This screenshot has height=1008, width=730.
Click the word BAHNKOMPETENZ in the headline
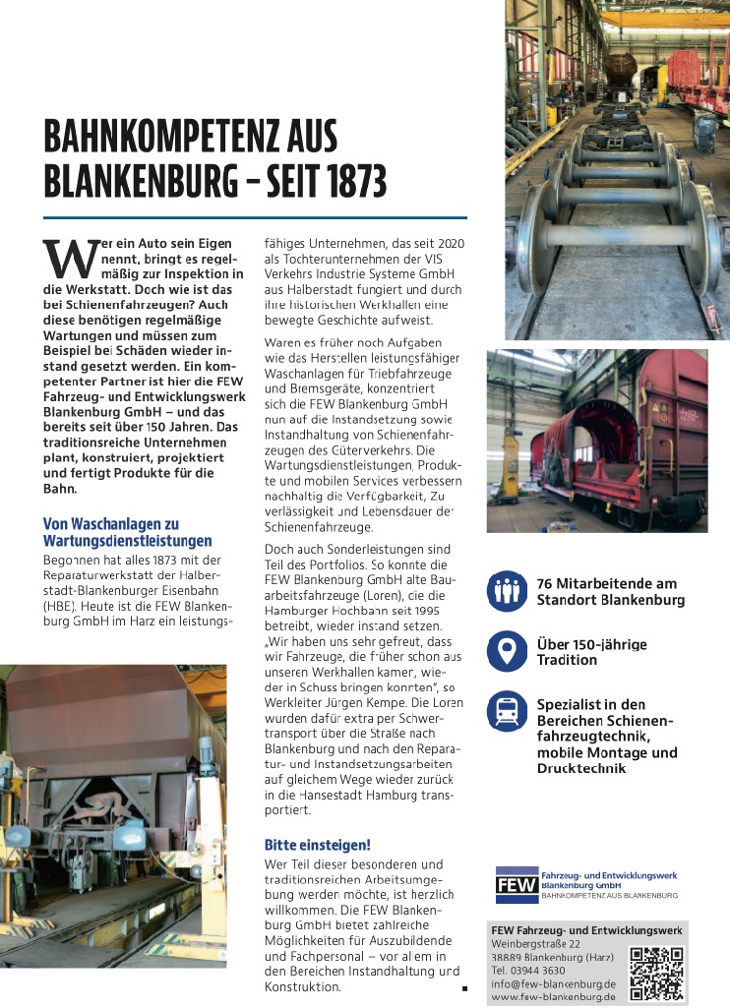point(176,136)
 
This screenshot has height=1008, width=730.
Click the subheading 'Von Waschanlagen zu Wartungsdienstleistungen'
point(127,533)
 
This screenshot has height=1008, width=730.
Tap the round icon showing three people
point(508,591)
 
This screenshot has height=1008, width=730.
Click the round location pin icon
point(508,652)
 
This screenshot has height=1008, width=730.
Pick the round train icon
point(508,711)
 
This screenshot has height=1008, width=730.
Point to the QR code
point(656,973)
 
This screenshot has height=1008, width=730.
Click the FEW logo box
point(516,885)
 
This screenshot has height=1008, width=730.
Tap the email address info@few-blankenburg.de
point(552,983)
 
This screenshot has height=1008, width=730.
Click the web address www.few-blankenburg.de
point(552,996)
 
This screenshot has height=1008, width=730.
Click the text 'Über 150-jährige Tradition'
point(591,652)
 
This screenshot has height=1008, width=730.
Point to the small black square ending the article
point(462,985)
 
